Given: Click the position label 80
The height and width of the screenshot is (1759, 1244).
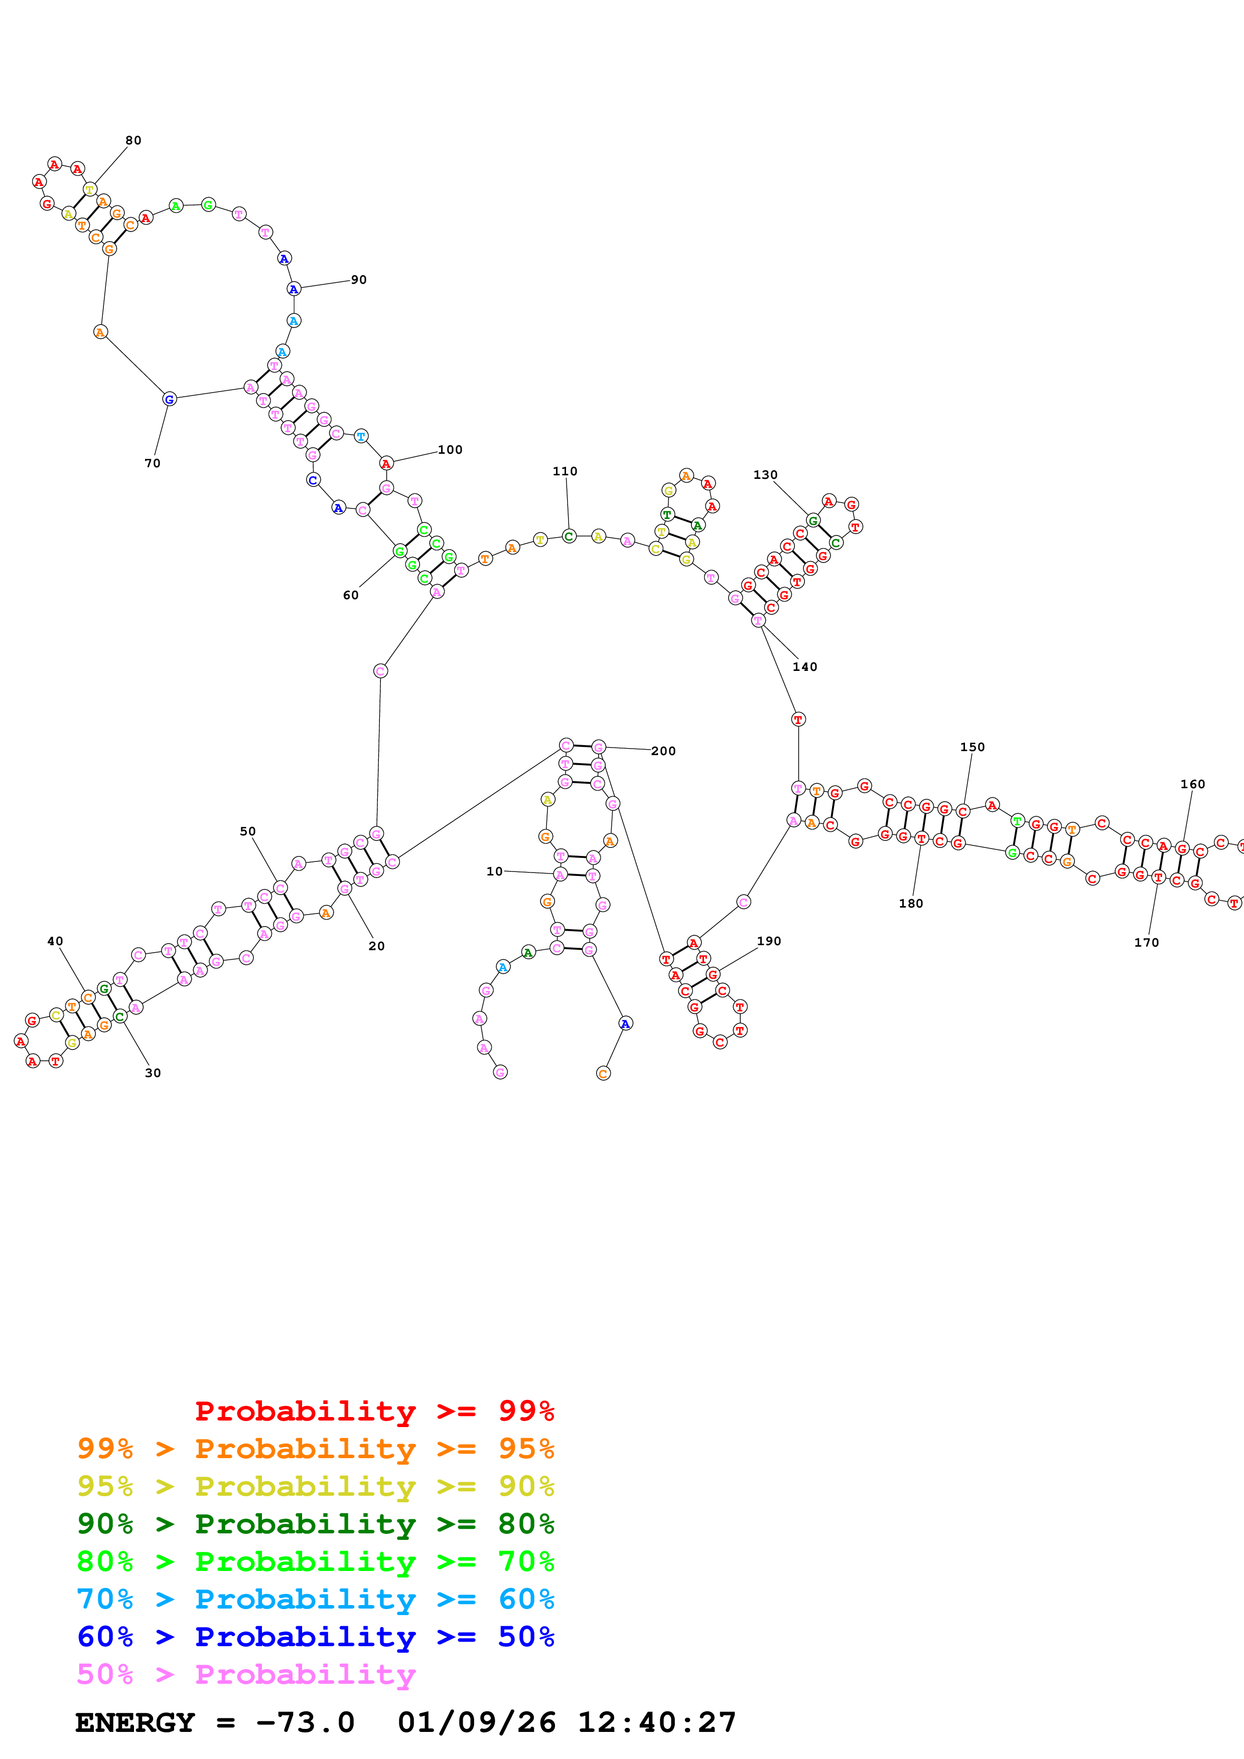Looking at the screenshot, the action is tap(133, 140).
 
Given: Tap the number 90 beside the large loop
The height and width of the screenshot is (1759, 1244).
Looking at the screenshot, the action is tap(359, 280).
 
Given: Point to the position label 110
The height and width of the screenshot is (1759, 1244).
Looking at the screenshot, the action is tap(565, 471).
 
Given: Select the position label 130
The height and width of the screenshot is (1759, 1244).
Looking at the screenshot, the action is tap(765, 475).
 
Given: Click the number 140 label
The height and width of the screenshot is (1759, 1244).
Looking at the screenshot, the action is tap(805, 666).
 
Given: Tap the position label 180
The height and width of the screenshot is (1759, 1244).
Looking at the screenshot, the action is tap(911, 903).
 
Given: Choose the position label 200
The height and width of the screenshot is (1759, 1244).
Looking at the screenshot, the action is tap(663, 751).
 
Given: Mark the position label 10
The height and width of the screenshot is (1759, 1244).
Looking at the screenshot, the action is tap(494, 871).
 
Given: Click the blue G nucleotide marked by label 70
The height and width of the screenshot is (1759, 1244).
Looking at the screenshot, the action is tap(170, 398).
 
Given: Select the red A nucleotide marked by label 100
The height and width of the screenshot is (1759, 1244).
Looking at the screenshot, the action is tap(386, 463).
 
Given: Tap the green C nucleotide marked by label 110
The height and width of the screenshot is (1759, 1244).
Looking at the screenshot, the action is tap(569, 536).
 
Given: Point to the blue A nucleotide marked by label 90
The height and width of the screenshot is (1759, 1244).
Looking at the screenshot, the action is tap(294, 289).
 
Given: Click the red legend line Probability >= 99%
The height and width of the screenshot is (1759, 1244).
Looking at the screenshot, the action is tap(374, 1411).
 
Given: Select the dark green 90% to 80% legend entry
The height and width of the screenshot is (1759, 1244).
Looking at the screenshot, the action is tap(316, 1524).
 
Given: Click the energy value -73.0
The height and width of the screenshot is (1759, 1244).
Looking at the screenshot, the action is tap(305, 1722).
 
